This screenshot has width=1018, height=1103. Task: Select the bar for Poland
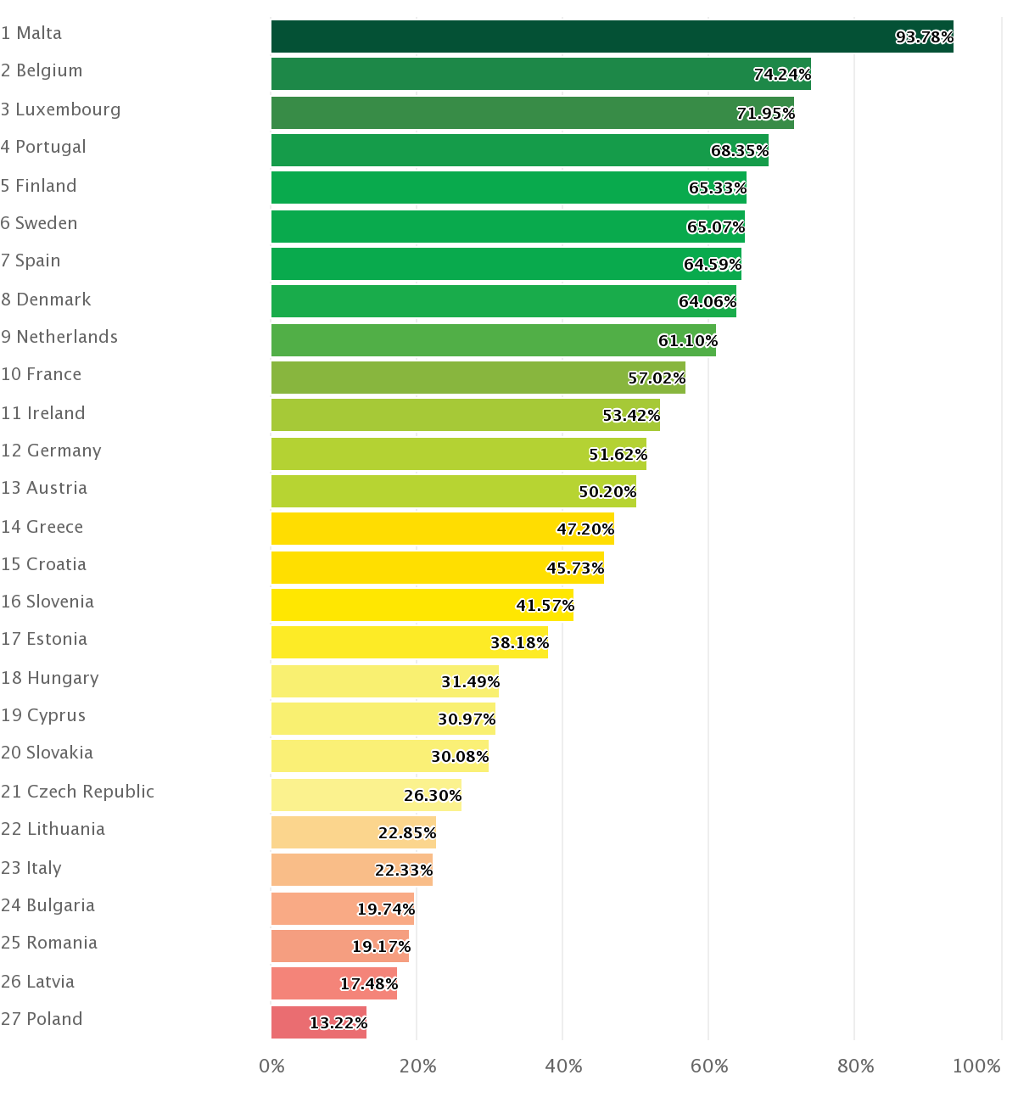click(x=318, y=1022)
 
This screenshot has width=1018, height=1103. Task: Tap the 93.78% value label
click(x=924, y=37)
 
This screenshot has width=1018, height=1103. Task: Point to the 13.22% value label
click(x=338, y=1023)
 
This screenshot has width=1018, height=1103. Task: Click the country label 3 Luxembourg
click(x=61, y=109)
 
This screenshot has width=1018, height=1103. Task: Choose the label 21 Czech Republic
click(x=77, y=792)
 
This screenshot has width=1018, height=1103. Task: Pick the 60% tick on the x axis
click(x=709, y=1067)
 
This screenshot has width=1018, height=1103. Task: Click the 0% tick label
click(x=271, y=1067)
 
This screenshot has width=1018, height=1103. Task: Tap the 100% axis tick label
click(x=976, y=1067)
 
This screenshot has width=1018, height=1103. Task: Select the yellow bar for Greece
click(x=441, y=529)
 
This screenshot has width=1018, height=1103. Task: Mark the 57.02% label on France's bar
click(x=657, y=378)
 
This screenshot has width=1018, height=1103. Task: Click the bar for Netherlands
click(x=492, y=340)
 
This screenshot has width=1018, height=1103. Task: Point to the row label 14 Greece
click(x=42, y=527)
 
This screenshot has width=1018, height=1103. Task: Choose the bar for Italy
click(x=351, y=870)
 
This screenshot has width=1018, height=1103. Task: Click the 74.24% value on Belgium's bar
click(x=781, y=75)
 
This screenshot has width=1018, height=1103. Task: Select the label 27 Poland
click(x=42, y=1019)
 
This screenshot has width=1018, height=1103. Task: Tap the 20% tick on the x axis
click(x=417, y=1067)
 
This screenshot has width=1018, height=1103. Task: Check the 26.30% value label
click(x=432, y=796)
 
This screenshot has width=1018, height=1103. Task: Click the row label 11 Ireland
click(x=43, y=413)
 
